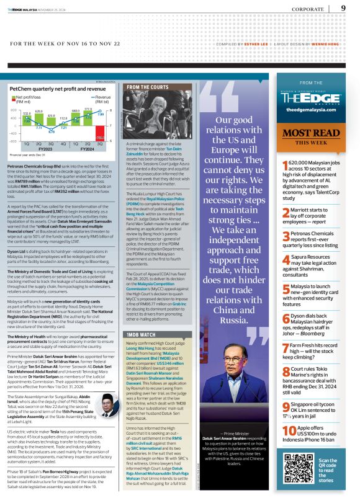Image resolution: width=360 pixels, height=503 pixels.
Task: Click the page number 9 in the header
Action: coord(343,8)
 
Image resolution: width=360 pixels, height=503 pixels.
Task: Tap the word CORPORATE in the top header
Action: coord(308,9)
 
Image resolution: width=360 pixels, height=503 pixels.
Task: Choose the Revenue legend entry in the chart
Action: coord(102,97)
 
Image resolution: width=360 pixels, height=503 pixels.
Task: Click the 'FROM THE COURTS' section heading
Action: coord(148,88)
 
